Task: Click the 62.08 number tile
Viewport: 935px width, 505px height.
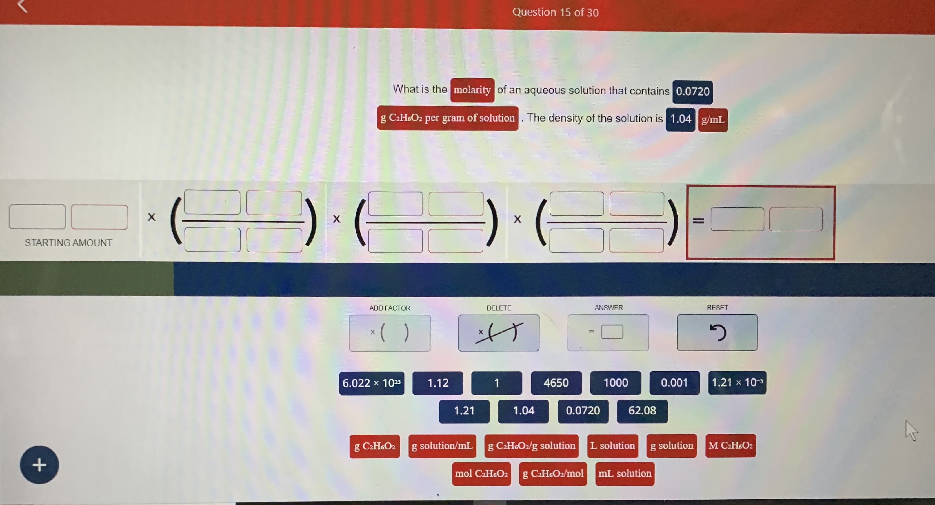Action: point(642,411)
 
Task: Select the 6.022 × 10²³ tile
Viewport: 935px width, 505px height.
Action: point(371,383)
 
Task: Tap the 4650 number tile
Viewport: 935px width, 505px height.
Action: point(556,383)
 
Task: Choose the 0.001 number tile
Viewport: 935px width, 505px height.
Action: point(674,383)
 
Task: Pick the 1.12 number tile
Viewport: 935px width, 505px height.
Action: point(437,383)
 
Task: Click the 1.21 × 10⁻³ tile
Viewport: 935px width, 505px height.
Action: point(737,383)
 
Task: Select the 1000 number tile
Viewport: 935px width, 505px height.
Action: point(615,383)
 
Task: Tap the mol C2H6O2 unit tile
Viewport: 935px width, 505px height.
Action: point(481,473)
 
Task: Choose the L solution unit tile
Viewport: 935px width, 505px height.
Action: point(612,446)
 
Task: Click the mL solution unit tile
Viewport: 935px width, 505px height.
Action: point(625,473)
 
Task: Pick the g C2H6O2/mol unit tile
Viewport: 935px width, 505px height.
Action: point(553,473)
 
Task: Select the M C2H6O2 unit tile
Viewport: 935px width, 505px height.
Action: point(730,446)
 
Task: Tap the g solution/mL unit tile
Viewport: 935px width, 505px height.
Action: point(442,446)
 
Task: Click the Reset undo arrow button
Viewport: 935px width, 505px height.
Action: point(717,332)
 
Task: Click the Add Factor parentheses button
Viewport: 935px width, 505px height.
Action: point(389,333)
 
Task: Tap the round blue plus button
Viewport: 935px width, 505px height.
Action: point(39,465)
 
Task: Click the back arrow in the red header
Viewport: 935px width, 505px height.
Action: point(23,6)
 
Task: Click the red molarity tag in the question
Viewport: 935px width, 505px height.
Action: point(472,90)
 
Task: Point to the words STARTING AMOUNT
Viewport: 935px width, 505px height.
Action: point(68,243)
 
